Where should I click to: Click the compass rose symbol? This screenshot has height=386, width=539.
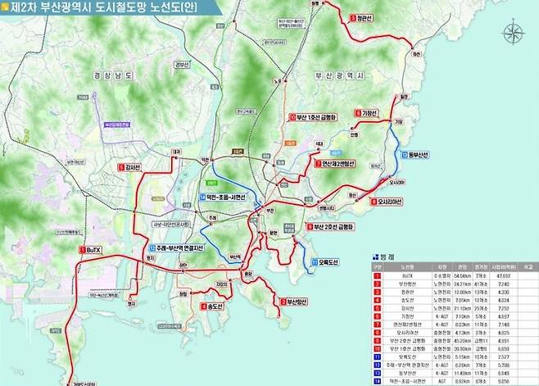(x=514, y=34)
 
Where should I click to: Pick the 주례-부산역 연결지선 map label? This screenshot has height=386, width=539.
(x=179, y=248)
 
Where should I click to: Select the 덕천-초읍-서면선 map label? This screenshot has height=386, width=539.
(x=229, y=197)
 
